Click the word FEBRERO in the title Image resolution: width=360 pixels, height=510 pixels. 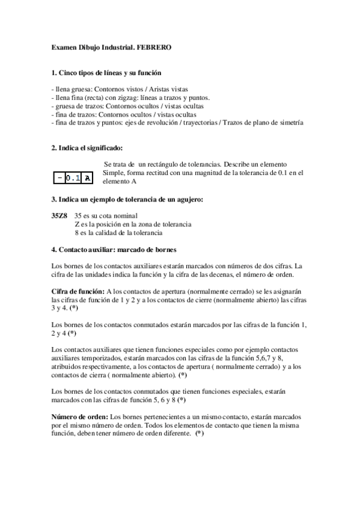point(154,47)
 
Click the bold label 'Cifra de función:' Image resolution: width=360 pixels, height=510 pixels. point(78,291)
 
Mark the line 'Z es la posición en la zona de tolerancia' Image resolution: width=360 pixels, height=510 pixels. point(132,224)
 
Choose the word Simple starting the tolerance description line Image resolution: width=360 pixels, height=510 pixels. point(114,173)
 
